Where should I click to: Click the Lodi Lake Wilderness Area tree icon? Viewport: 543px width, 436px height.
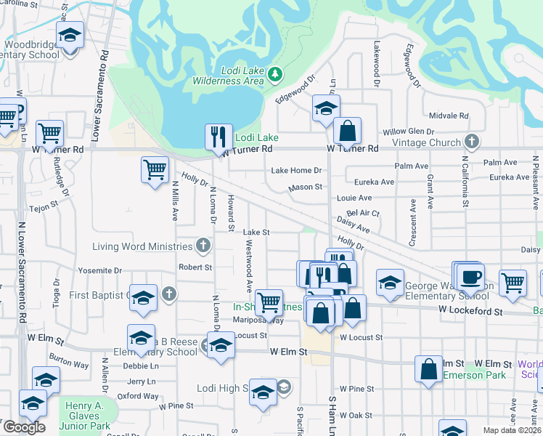(x=274, y=74)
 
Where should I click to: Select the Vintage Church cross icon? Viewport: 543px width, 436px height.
(x=471, y=142)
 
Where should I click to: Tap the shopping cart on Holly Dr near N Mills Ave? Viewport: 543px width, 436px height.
(x=155, y=170)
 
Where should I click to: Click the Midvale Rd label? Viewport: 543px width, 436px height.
(x=448, y=116)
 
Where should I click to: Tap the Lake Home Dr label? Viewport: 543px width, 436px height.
(x=295, y=170)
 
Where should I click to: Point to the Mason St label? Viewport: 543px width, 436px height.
(x=305, y=187)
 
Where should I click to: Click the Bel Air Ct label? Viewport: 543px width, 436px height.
(x=364, y=213)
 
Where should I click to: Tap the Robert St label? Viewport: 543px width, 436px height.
(x=195, y=267)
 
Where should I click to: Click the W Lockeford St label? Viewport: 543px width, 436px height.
(x=470, y=311)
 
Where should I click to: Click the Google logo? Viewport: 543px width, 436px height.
(x=24, y=427)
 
